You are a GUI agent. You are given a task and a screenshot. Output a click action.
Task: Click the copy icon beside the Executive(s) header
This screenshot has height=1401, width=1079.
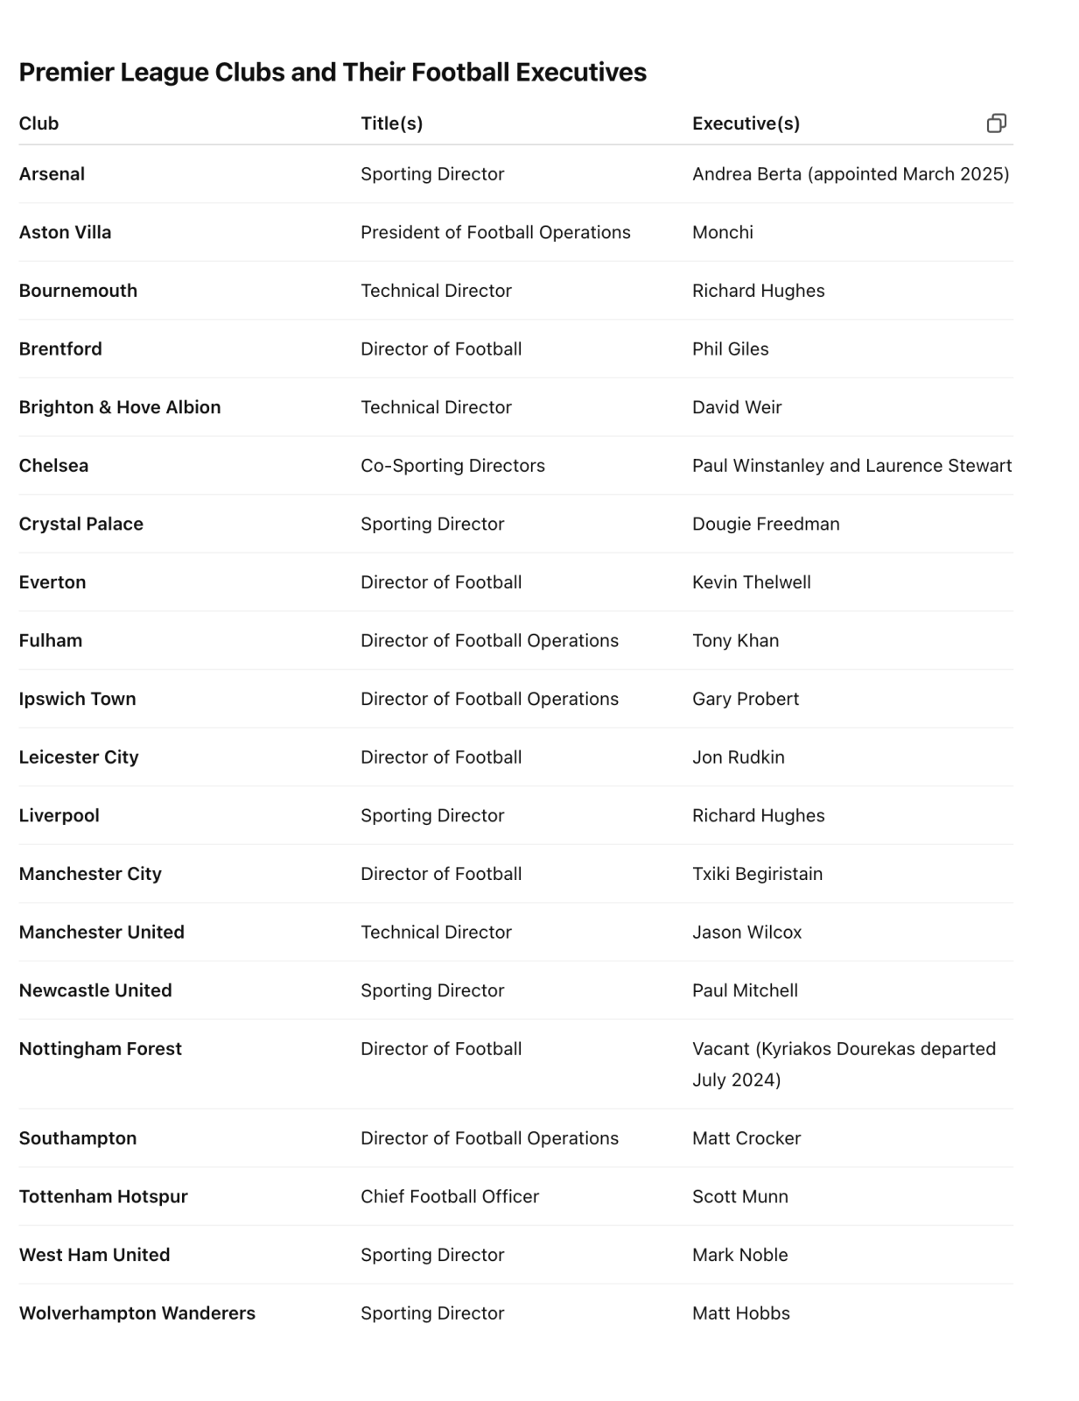tap(996, 123)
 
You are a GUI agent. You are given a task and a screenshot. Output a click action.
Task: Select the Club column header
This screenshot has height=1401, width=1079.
tap(39, 123)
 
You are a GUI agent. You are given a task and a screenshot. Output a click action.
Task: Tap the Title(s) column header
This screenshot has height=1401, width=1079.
tap(391, 123)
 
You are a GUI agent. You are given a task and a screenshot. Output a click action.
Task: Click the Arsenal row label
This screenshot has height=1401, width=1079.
tap(52, 174)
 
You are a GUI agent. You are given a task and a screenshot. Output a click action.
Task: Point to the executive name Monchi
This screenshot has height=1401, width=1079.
tap(722, 232)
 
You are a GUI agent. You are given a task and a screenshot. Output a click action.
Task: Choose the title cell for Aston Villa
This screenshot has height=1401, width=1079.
tap(495, 232)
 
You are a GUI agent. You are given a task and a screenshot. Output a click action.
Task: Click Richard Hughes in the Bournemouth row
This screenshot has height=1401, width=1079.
tap(758, 291)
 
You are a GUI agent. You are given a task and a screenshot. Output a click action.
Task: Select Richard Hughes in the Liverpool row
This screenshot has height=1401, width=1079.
tap(758, 815)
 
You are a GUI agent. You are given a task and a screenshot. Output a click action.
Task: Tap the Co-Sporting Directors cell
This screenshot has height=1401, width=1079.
tap(452, 466)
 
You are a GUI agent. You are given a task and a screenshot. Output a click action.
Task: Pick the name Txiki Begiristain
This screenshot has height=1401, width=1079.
tap(757, 874)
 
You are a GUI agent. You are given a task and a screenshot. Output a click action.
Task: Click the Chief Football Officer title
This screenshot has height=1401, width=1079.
tap(450, 1196)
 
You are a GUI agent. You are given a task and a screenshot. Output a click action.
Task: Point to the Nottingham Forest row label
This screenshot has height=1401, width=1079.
tap(101, 1049)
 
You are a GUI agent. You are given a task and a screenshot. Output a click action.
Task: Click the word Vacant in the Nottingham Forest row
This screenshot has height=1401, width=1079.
tap(720, 1049)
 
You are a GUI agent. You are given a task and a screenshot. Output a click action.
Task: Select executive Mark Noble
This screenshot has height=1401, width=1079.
tap(739, 1255)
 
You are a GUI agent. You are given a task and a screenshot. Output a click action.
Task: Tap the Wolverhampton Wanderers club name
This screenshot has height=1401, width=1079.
tap(137, 1313)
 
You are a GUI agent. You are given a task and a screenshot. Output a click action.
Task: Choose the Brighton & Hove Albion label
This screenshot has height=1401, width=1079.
tap(120, 407)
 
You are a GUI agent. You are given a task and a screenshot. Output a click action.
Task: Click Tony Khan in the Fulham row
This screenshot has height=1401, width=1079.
tap(735, 641)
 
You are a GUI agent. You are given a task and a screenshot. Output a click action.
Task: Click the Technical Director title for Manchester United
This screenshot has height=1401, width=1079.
tap(436, 933)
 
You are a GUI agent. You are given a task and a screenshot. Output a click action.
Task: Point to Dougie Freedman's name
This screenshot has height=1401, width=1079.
tap(766, 524)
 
